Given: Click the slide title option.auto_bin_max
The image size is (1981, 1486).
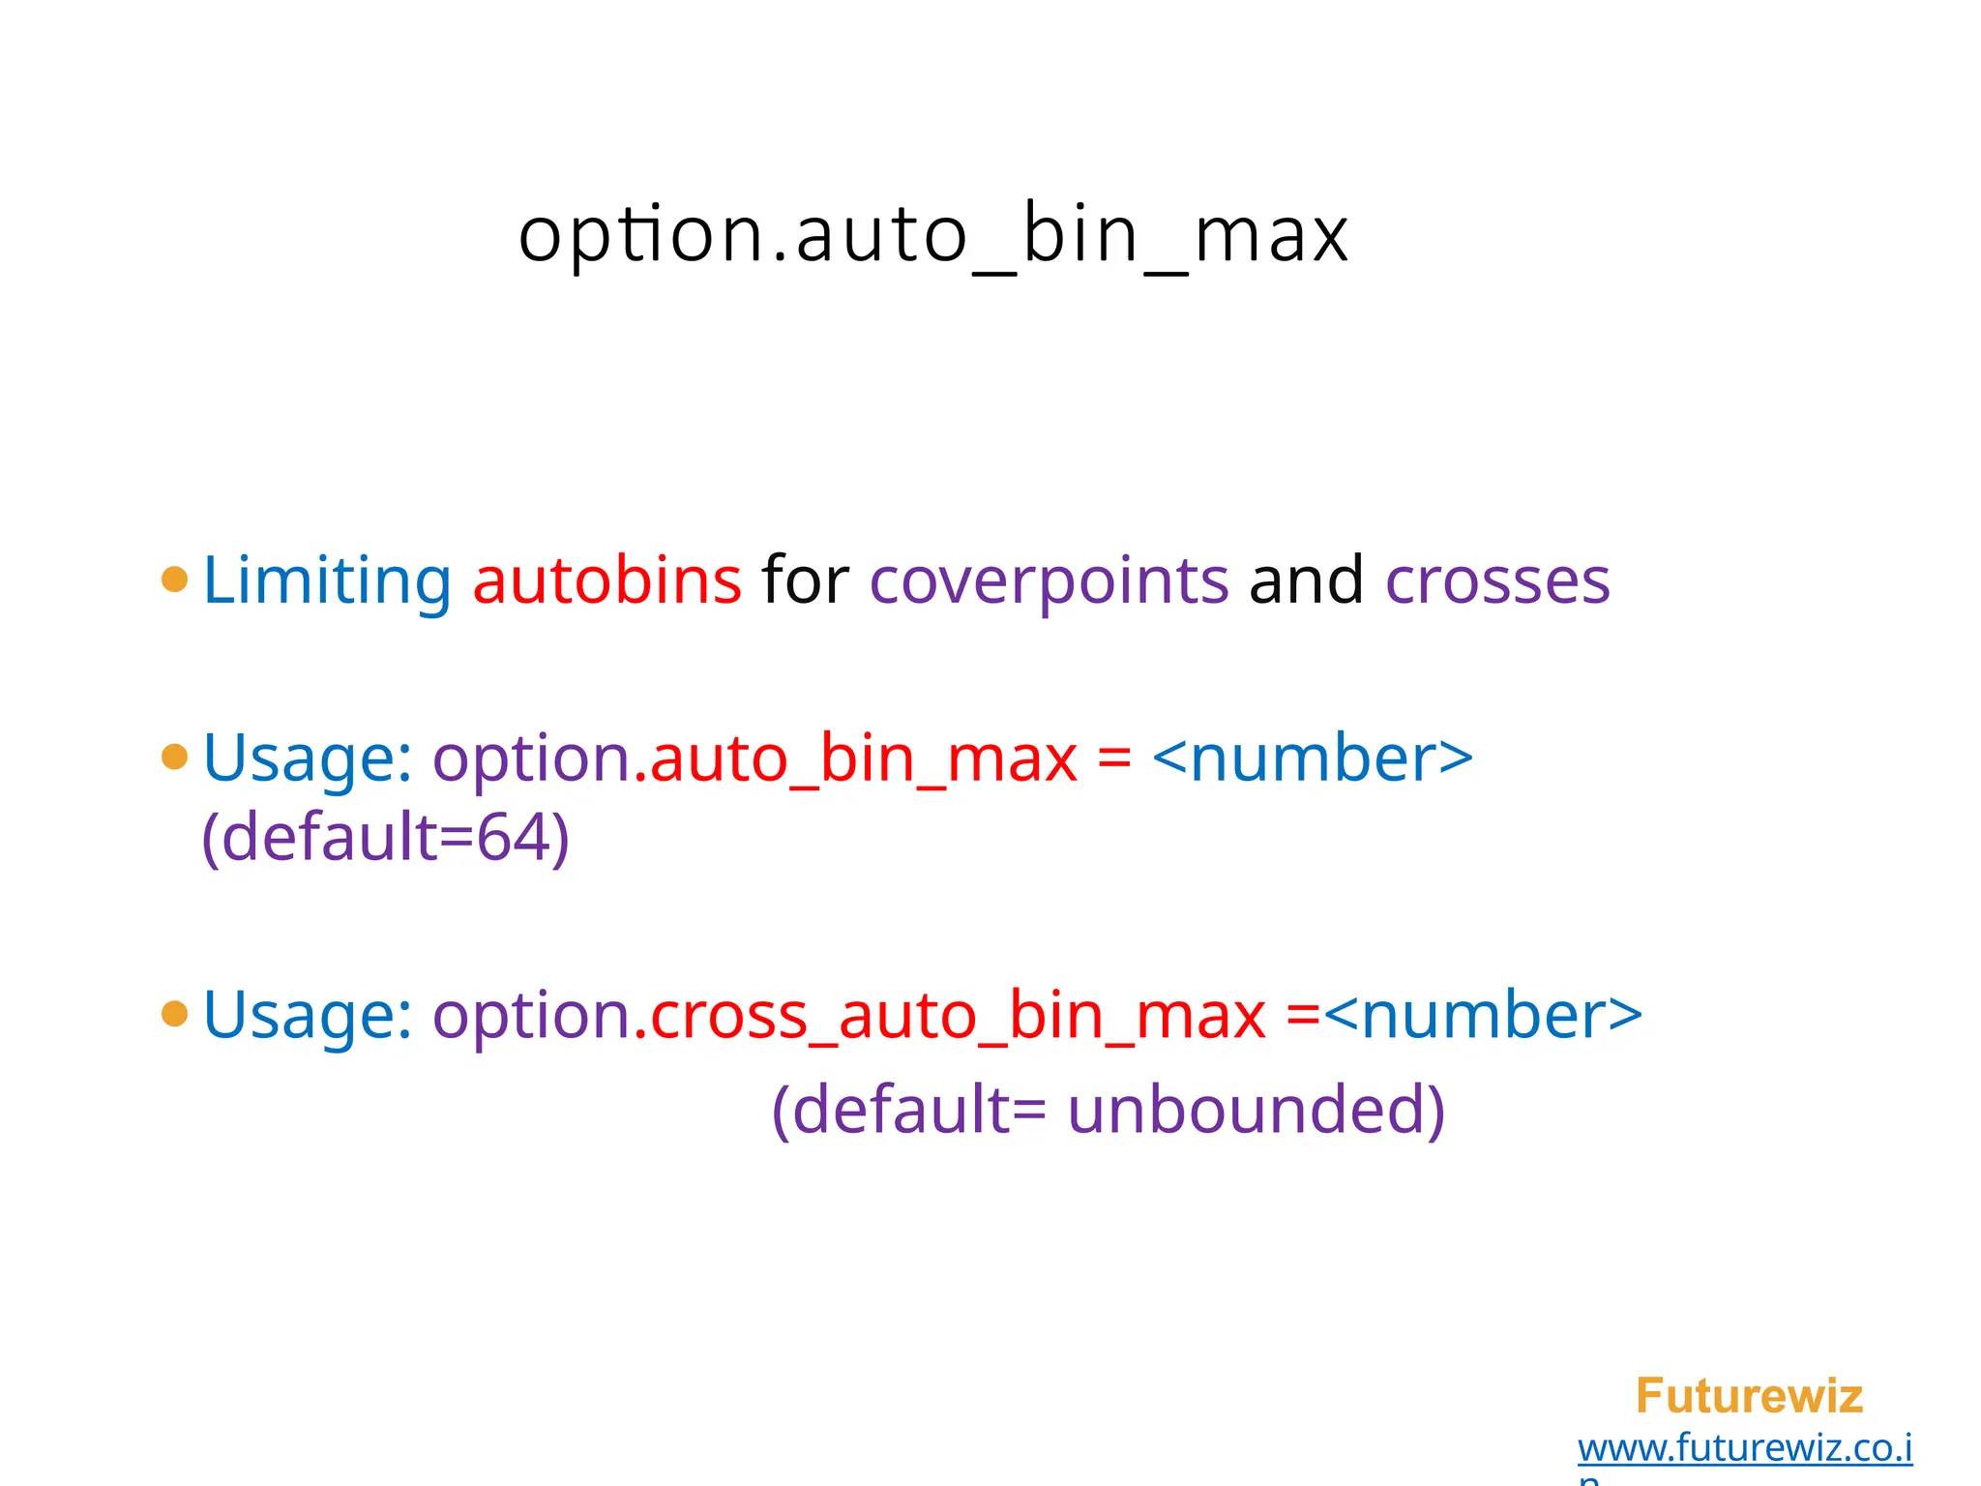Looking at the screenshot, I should (932, 235).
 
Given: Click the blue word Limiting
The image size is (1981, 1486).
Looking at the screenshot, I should (327, 580).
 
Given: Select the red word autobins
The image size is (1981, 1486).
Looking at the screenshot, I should (606, 580).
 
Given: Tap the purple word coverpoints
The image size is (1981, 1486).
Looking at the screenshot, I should (1049, 582).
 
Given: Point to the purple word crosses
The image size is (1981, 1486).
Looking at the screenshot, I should (1497, 582).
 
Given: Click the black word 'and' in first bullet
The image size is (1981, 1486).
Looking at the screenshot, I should (1306, 580).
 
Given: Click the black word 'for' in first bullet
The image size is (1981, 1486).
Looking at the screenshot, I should (805, 580).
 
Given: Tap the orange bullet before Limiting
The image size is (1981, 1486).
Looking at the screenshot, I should (175, 580).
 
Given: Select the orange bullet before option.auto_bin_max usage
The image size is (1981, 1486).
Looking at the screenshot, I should (175, 757).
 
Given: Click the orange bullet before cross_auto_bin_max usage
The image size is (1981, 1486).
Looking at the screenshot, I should (175, 1014).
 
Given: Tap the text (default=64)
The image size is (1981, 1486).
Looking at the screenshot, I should (385, 838).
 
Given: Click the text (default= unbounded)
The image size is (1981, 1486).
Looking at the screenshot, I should (1109, 1110).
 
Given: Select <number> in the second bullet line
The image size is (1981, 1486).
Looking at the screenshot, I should (1313, 759).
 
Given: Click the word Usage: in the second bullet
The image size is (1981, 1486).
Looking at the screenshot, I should (309, 759).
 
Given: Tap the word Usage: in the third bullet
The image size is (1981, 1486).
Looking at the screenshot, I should (309, 1017).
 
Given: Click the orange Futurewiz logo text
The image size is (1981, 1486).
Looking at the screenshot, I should (1749, 1395).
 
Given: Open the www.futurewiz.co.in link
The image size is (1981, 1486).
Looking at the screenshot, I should (1744, 1449).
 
